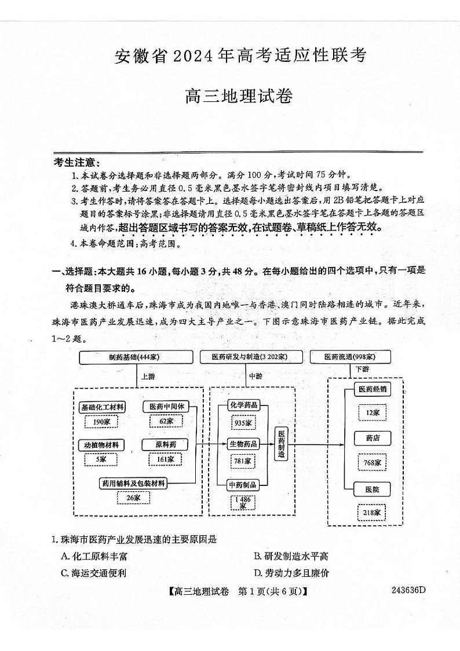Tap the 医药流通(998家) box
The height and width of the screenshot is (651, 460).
(349, 357)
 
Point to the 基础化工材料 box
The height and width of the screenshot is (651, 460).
(102, 408)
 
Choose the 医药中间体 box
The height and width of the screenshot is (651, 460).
(166, 407)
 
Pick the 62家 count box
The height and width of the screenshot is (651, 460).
(166, 421)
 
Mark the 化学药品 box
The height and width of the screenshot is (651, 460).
(243, 405)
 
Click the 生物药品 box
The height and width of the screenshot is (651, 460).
(243, 444)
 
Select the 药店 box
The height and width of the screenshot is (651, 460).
(373, 438)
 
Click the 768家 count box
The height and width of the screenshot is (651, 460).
(373, 463)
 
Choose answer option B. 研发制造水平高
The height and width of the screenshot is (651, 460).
(291, 557)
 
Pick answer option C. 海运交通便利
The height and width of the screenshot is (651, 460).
(93, 573)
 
